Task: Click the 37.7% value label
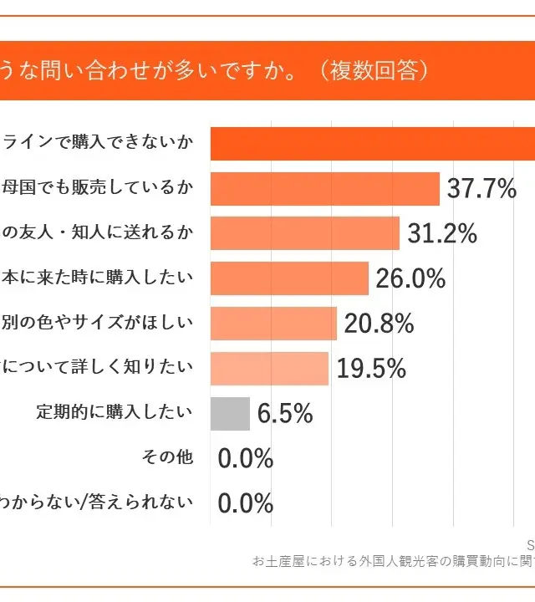click(x=481, y=189)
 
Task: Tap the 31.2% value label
click(x=441, y=234)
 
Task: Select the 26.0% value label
click(x=410, y=278)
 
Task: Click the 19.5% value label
click(x=370, y=368)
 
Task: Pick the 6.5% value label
click(x=285, y=413)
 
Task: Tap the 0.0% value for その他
click(x=246, y=458)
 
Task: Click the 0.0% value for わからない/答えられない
click(x=246, y=503)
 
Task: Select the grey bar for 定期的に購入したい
click(x=230, y=413)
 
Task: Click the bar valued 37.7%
click(x=324, y=189)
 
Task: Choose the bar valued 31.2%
click(x=304, y=234)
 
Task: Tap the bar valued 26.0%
click(x=289, y=278)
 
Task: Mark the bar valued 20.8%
click(x=273, y=324)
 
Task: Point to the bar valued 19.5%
click(x=269, y=368)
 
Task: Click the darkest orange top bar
click(x=372, y=144)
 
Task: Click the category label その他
click(x=168, y=457)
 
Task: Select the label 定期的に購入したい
click(x=115, y=412)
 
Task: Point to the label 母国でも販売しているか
click(x=97, y=188)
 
